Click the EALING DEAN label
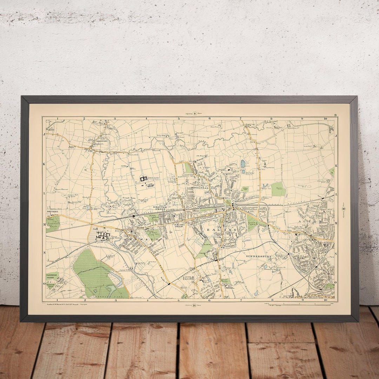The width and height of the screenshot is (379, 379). click(179, 226)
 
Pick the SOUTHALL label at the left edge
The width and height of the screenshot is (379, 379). click(52, 212)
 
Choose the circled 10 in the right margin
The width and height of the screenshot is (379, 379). click(343, 210)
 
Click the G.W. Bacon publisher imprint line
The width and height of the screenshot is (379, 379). click(62, 304)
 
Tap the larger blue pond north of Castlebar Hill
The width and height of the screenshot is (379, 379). click(243, 164)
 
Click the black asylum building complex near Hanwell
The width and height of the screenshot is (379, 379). click(102, 234)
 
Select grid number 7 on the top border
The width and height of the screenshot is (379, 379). click(241, 119)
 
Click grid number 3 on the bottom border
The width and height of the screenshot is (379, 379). click(115, 300)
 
